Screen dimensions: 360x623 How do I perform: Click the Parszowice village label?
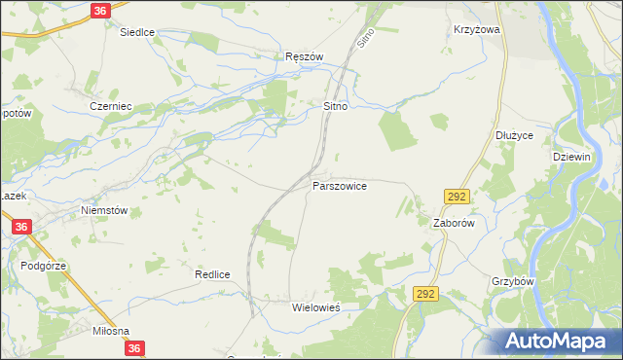(340, 185)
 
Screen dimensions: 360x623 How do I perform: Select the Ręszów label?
(304, 56)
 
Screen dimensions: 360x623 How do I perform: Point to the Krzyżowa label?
(476, 30)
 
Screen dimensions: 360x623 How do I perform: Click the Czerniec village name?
(110, 106)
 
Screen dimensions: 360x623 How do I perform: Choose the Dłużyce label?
(514, 135)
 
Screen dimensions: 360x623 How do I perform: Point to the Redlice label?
(211, 274)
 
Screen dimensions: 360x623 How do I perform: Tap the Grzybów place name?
(514, 281)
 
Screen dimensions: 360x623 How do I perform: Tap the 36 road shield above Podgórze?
(22, 227)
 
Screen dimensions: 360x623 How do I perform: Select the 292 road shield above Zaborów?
(458, 196)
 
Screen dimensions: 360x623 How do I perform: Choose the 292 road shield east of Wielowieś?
(423, 293)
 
